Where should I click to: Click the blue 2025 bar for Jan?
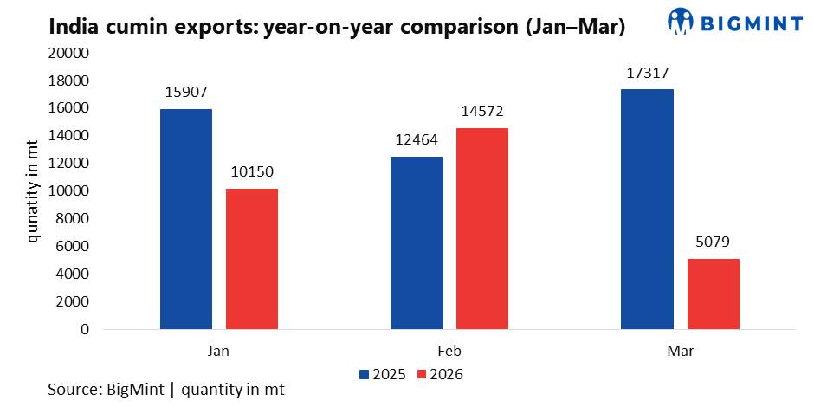186,219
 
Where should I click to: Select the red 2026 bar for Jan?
252,259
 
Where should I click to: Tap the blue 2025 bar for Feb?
417,243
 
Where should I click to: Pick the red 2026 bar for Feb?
482,229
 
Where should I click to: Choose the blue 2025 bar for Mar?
647,210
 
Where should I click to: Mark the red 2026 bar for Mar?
714,294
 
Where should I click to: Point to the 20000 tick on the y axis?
71,53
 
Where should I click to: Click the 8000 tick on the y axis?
74,218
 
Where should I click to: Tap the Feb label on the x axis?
449,352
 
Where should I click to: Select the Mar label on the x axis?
680,352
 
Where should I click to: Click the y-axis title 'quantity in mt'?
33,191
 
